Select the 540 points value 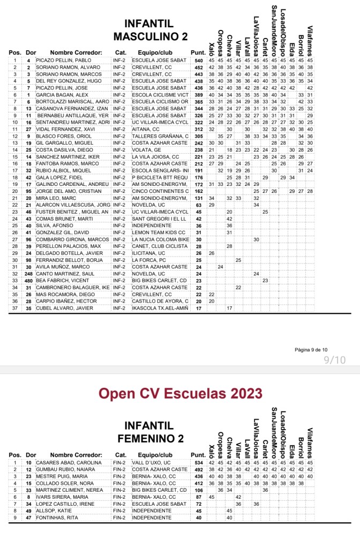198,61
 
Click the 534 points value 198,462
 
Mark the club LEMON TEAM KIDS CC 159,232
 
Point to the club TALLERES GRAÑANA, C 160,137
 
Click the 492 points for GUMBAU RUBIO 198,469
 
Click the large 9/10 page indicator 335,361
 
